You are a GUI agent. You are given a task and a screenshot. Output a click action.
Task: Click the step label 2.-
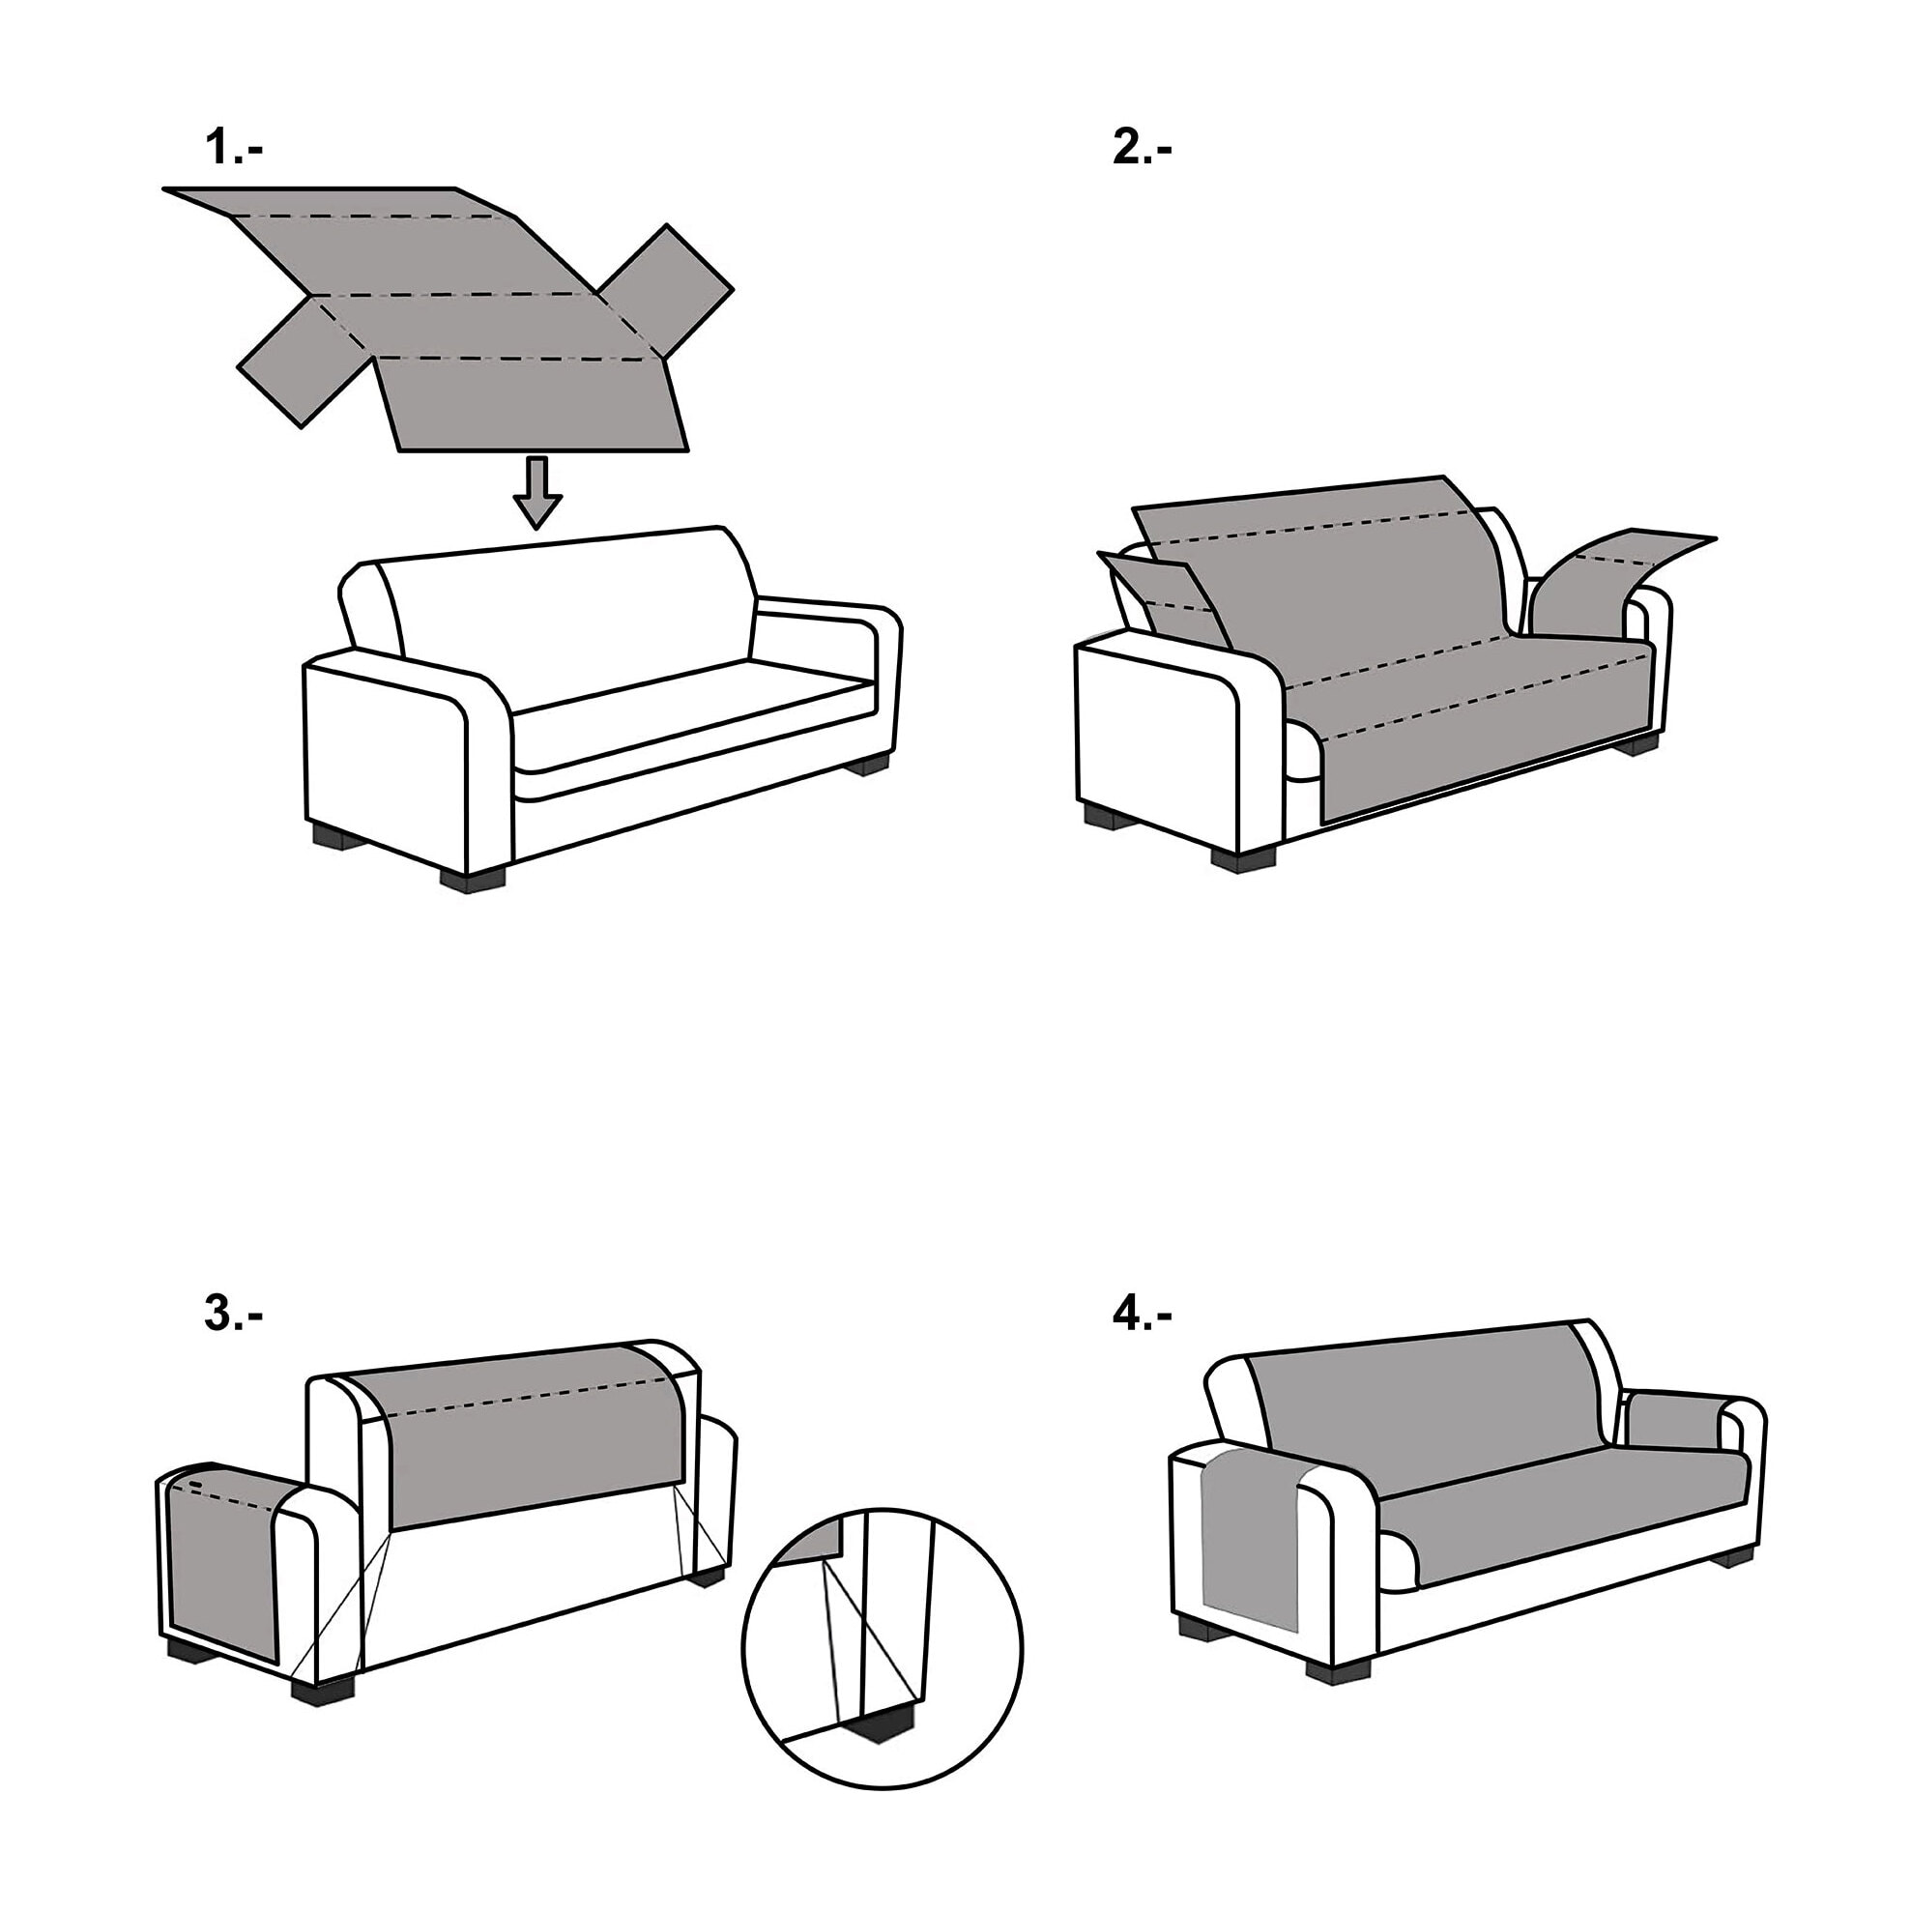coord(1143,148)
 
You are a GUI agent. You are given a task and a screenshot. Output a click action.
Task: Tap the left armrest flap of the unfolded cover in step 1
coord(292,362)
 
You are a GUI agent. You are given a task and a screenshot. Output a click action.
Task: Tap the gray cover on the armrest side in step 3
coord(222,1563)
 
